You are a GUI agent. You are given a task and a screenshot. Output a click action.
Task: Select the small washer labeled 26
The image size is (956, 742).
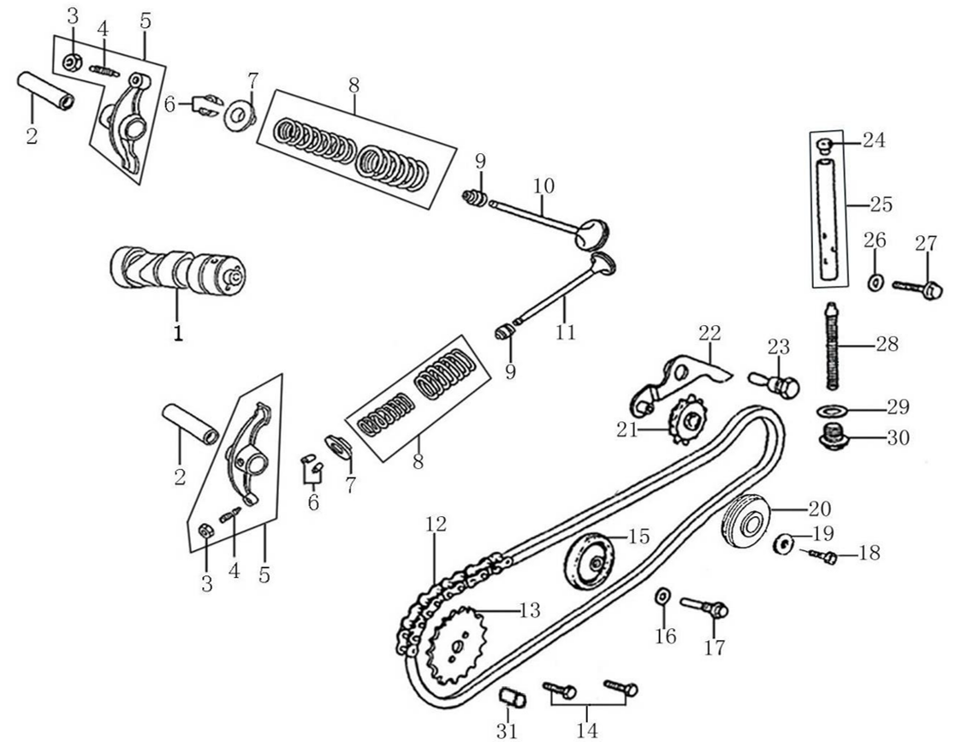point(876,282)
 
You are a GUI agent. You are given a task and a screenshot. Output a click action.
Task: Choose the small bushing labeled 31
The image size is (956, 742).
point(513,699)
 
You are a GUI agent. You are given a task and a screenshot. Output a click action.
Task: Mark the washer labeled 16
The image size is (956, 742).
point(662,596)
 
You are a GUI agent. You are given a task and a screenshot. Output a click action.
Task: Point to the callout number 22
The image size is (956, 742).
point(710,332)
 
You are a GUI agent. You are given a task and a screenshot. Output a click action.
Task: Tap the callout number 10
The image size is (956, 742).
point(543,186)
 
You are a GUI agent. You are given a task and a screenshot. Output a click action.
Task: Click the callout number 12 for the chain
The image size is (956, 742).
point(436,525)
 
